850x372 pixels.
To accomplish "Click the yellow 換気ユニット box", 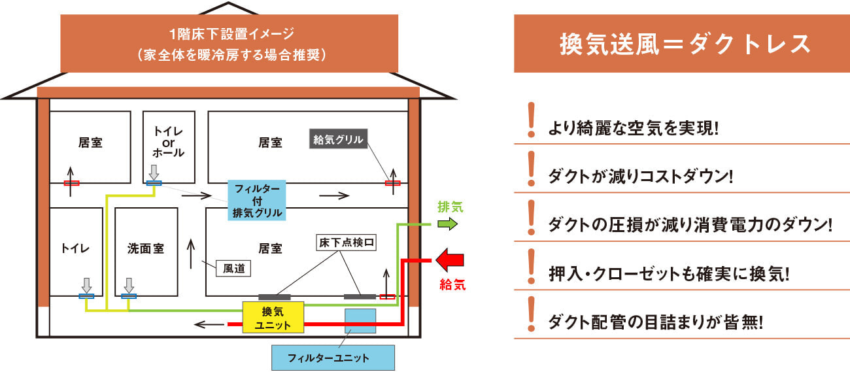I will click(x=273, y=317).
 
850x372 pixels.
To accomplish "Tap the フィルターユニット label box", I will click(x=333, y=358).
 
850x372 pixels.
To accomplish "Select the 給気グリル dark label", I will click(x=337, y=139).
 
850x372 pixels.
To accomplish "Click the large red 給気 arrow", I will click(x=449, y=260).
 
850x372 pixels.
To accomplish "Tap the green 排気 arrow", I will click(x=449, y=224).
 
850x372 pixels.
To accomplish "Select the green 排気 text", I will click(x=450, y=207).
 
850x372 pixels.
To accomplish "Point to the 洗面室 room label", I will click(x=145, y=248).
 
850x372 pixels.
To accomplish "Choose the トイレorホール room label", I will click(x=169, y=142).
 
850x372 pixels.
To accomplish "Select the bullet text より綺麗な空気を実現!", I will click(x=633, y=127).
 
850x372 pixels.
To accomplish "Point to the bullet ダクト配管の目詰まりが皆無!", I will click(x=656, y=322).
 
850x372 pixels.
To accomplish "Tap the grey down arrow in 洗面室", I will click(x=129, y=285).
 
